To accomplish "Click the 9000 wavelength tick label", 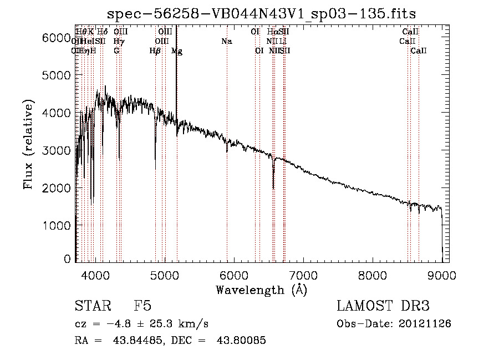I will coord(442,274).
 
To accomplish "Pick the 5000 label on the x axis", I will coord(164,274).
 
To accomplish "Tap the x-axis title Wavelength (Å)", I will coord(261,290).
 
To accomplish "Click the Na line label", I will coord(226,42).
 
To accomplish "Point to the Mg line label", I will coord(177,51).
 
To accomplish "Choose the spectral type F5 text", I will coord(142,306).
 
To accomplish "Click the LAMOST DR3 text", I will coord(383,306).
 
